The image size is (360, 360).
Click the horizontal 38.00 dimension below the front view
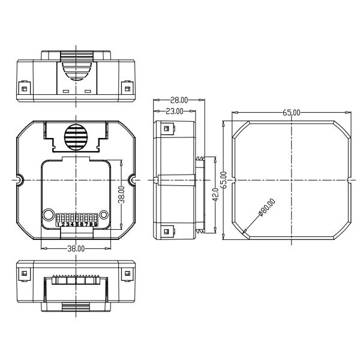76,248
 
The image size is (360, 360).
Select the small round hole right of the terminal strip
104,214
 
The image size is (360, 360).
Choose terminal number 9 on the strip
94,224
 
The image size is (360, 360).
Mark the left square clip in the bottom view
25,274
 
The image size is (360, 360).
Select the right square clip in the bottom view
127,274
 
